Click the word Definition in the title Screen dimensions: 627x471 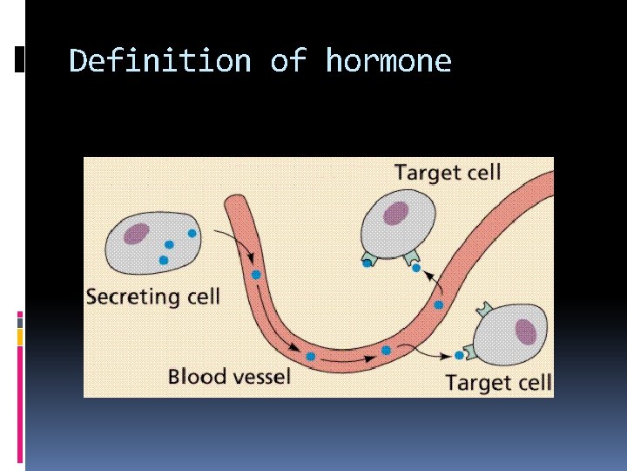coord(160,61)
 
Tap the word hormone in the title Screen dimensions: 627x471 coord(388,61)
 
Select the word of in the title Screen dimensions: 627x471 coord(287,61)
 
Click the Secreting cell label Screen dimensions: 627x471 coord(152,297)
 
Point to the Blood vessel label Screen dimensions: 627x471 coord(229,377)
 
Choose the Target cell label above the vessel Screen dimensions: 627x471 coord(448,172)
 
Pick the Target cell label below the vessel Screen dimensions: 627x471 coord(498,382)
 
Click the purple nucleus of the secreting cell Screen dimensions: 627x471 coord(137,233)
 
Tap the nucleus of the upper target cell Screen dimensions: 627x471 coord(396,213)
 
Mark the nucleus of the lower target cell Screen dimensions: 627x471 coord(525,331)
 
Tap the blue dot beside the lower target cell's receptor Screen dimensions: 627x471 coord(459,355)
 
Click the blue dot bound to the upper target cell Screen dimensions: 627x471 coord(416,268)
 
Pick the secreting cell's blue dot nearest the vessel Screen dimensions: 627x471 coord(192,234)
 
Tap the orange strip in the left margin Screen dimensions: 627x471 coord(20,336)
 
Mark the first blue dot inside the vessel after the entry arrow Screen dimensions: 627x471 coord(256,275)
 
